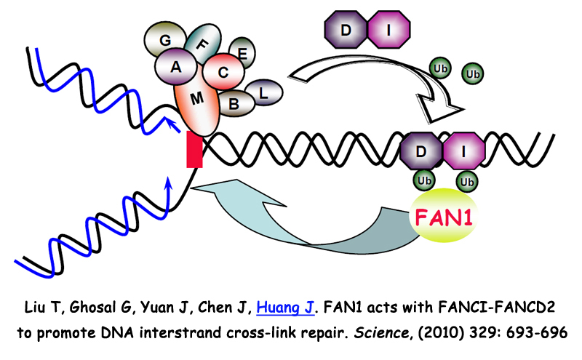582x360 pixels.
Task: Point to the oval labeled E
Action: click(243, 53)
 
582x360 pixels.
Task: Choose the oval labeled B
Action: click(234, 103)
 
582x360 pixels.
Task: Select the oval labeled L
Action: click(263, 92)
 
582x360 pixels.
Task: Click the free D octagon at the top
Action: click(345, 31)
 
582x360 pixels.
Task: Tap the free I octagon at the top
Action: click(391, 31)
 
